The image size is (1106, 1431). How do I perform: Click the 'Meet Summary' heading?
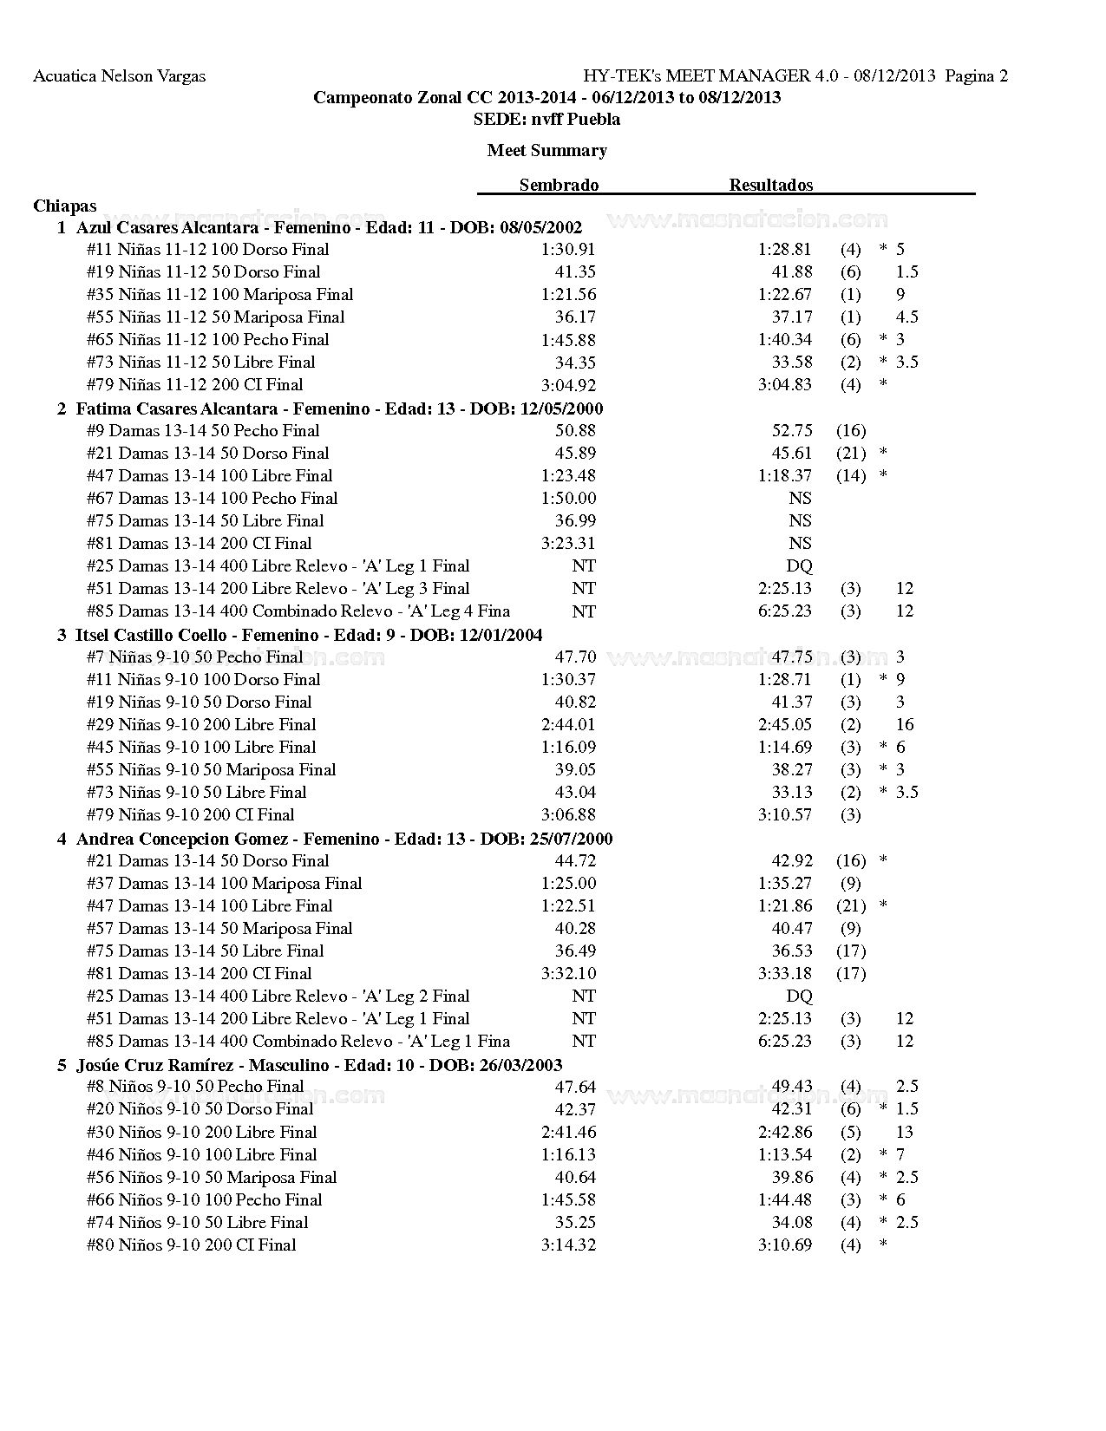(x=546, y=150)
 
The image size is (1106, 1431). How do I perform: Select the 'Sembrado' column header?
(x=559, y=185)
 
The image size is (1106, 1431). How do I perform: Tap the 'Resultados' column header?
(x=770, y=185)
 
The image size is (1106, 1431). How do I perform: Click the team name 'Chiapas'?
(x=65, y=206)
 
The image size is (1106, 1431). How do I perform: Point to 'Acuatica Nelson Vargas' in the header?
(x=119, y=76)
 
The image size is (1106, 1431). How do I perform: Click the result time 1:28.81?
(x=784, y=250)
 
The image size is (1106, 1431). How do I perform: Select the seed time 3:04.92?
(x=568, y=385)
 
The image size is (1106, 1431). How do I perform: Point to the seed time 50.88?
(x=575, y=431)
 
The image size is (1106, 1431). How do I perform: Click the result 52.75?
(x=792, y=431)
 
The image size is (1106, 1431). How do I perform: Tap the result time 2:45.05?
(x=784, y=725)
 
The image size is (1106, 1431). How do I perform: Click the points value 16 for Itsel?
(x=905, y=725)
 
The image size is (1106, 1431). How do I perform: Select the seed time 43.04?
(x=575, y=793)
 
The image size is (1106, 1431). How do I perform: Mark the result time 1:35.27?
(x=784, y=884)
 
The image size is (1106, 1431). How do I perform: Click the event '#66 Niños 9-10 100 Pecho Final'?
(x=204, y=1200)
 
